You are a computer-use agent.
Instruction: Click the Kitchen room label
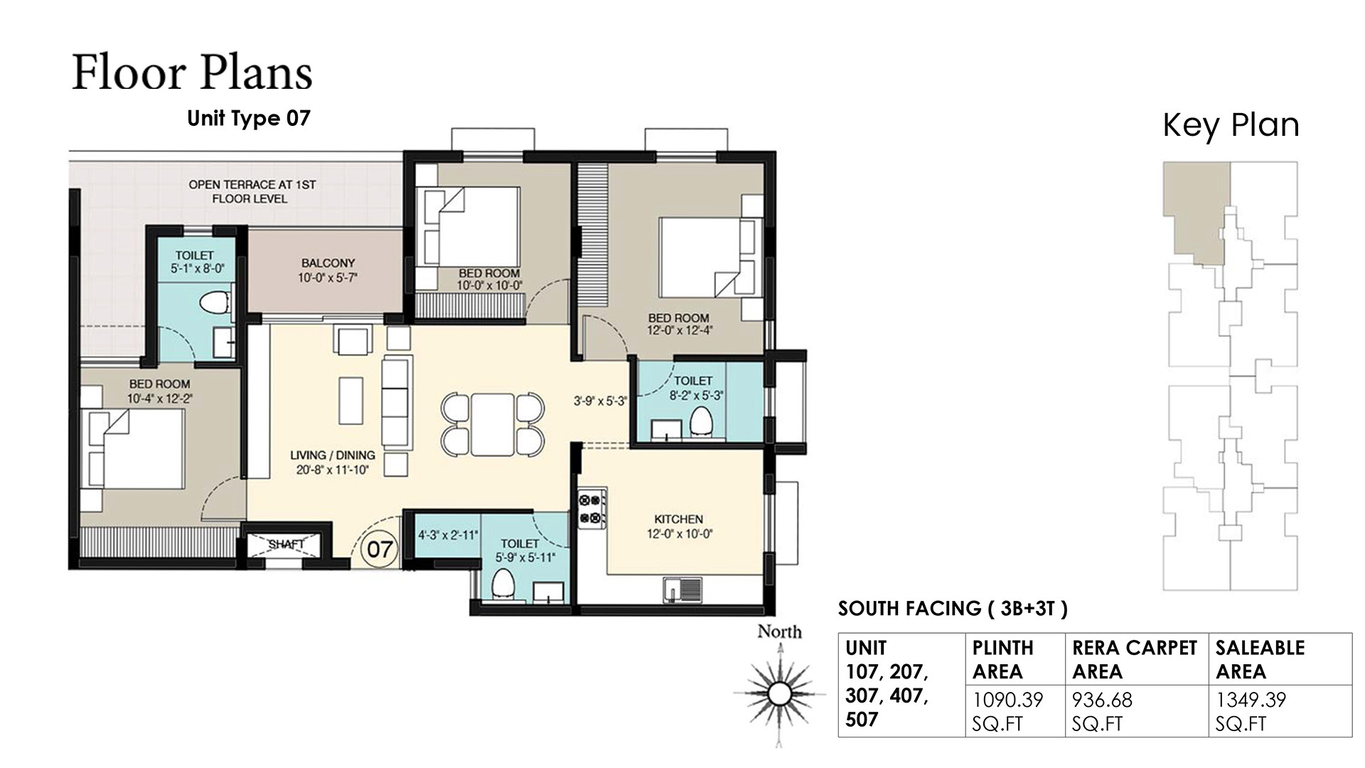[x=678, y=519]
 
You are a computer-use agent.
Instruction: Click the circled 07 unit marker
[x=380, y=549]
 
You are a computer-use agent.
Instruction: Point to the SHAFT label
[x=287, y=544]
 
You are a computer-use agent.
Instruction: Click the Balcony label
[x=328, y=263]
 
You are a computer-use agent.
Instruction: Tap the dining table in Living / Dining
[x=492, y=425]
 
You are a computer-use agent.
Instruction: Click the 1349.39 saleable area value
[x=1251, y=700]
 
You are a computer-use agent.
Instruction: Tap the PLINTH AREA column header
[x=1002, y=659]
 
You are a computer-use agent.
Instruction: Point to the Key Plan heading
[x=1231, y=125]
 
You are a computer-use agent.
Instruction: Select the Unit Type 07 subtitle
[x=249, y=118]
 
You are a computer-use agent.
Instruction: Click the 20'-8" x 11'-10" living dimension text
[x=333, y=469]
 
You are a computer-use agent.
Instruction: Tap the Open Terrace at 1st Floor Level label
[x=252, y=191]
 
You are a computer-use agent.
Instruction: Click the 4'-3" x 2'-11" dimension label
[x=448, y=535]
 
